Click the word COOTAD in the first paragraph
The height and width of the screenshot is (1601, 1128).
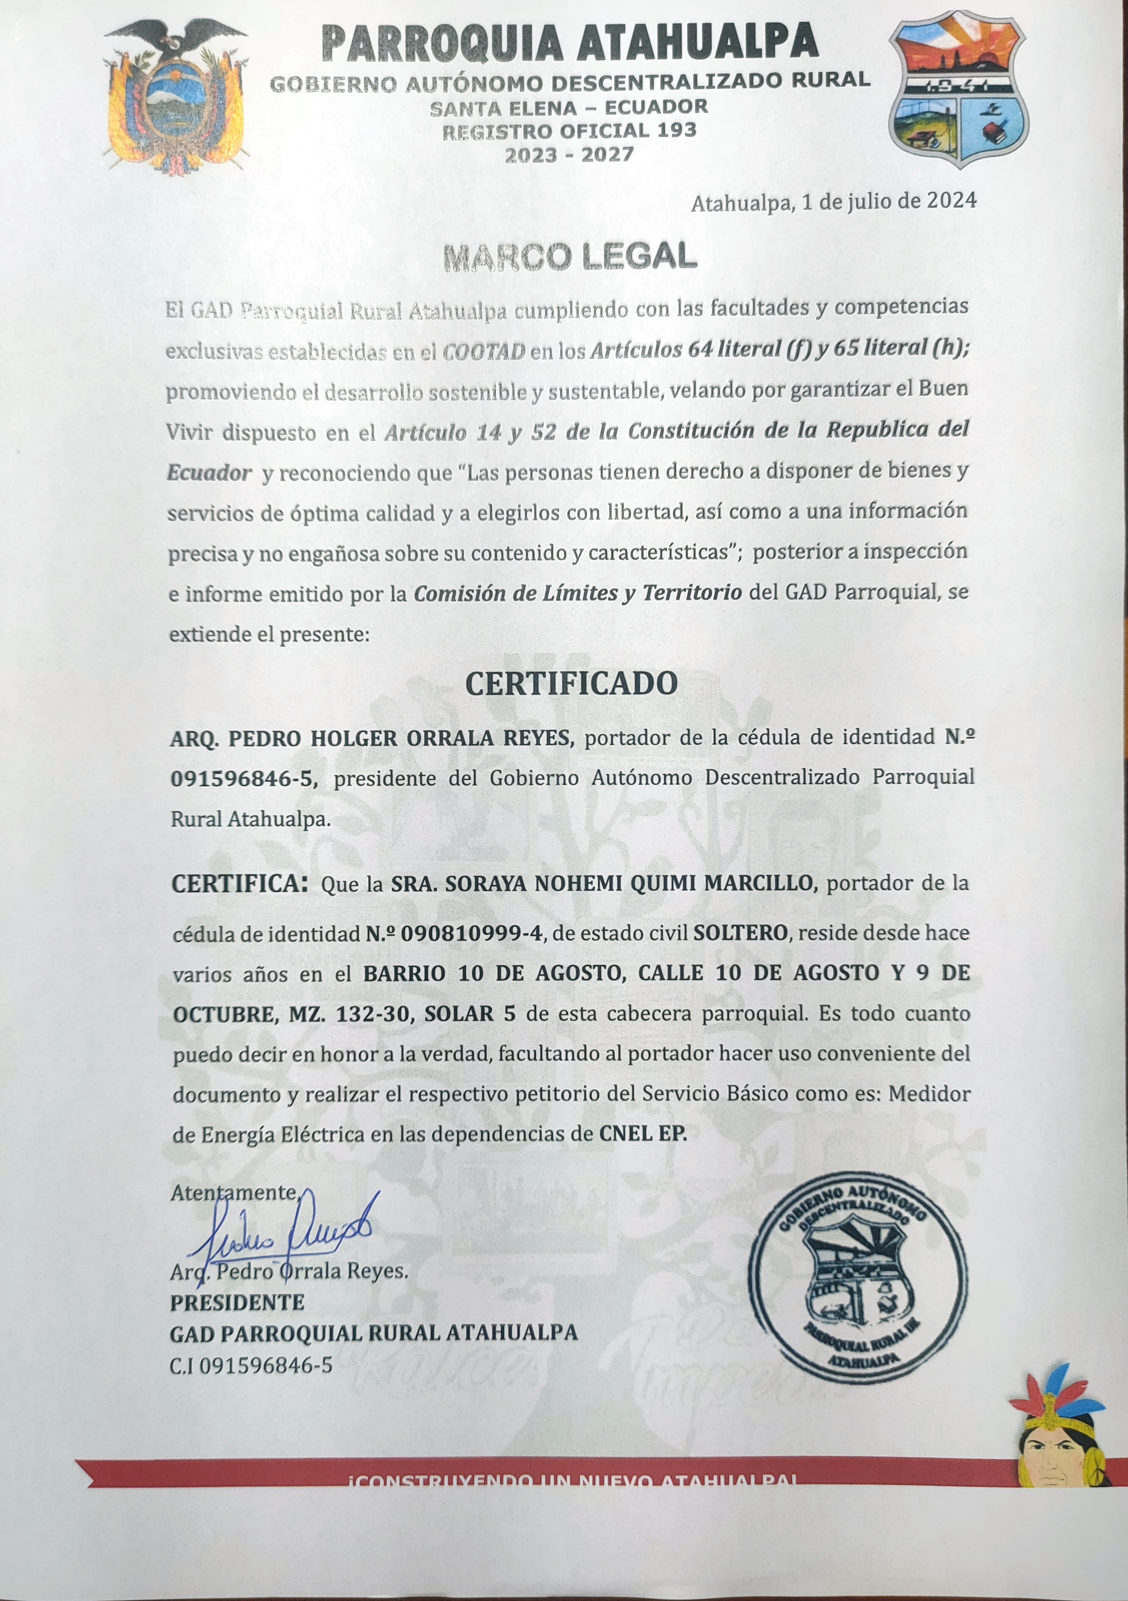pyautogui.click(x=484, y=351)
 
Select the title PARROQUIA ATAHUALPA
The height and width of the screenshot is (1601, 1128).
pyautogui.click(x=570, y=42)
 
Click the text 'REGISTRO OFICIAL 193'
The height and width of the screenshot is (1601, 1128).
pyautogui.click(x=570, y=130)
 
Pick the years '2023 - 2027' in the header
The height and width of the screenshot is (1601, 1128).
pyautogui.click(x=570, y=155)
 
